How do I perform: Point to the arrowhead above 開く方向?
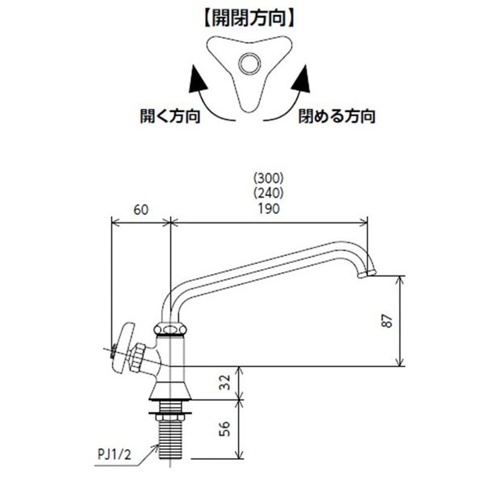pos(195,80)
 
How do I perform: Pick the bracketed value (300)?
pos(268,178)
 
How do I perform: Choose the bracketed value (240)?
pos(268,194)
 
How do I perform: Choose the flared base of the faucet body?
pos(170,390)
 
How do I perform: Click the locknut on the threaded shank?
pos(171,414)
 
